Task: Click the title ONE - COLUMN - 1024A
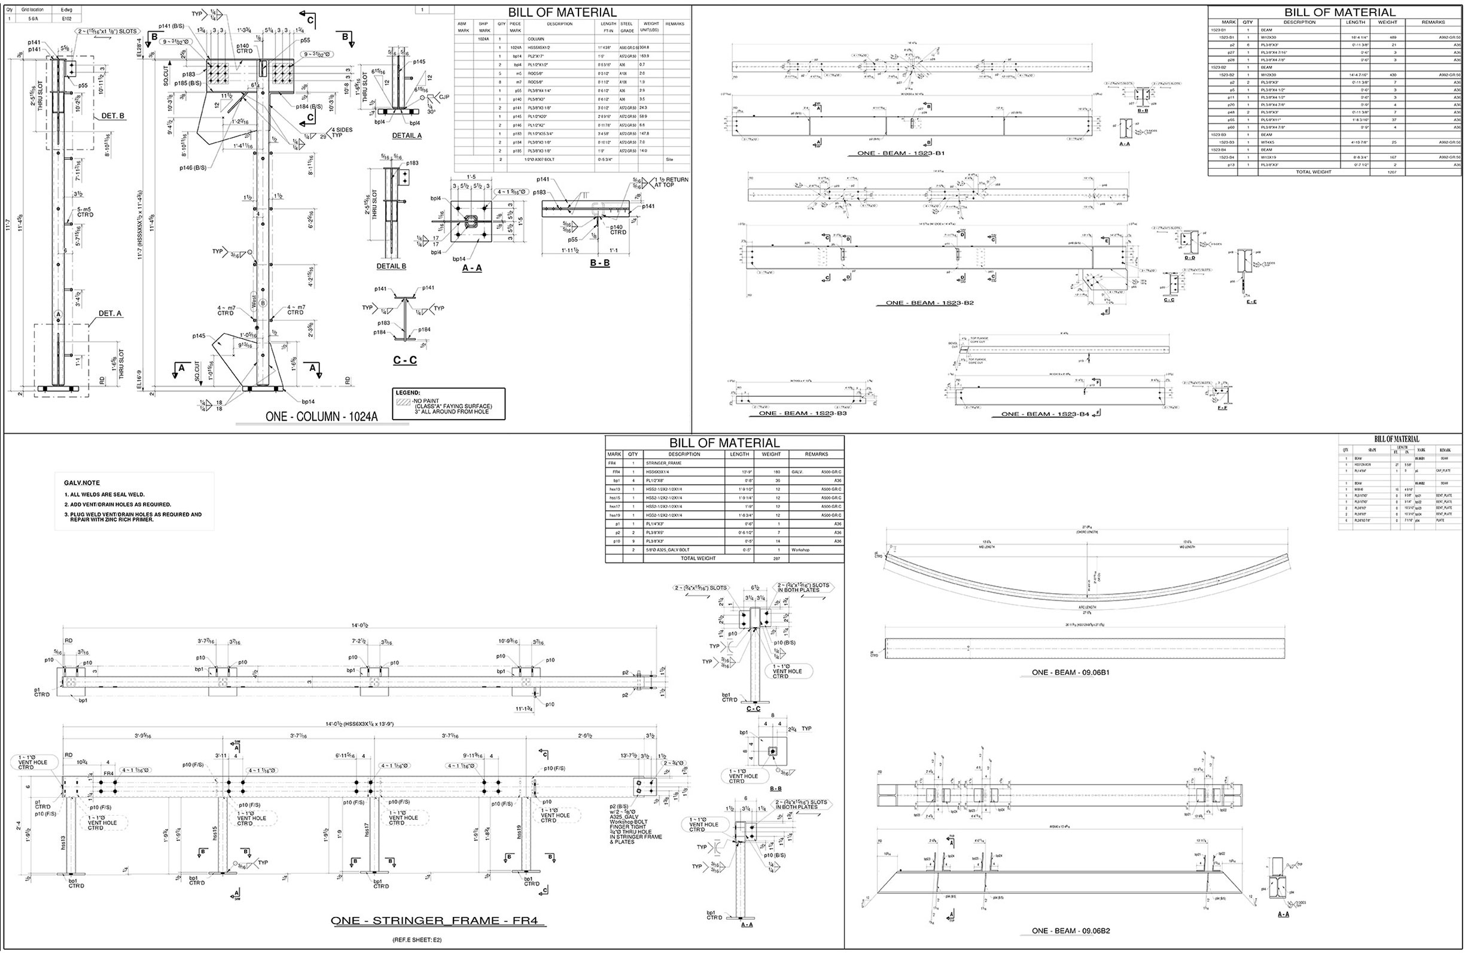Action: [x=321, y=417]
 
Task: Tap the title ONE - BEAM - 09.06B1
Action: [x=1070, y=673]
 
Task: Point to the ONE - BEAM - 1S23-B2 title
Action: [x=930, y=303]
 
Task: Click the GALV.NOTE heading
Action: [x=82, y=483]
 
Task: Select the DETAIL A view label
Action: [x=407, y=135]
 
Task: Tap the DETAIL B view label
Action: [x=391, y=267]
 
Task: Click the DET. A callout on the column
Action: [x=110, y=314]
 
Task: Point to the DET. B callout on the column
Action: [x=112, y=116]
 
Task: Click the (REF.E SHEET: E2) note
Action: [x=417, y=940]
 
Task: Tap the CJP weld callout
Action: [x=444, y=97]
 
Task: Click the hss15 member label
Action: [x=214, y=833]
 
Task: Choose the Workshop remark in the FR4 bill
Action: [x=801, y=550]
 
